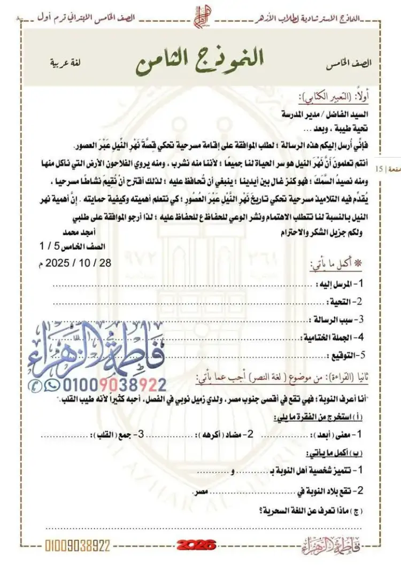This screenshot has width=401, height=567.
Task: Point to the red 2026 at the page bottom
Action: point(197,545)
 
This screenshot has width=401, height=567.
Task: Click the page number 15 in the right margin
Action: point(380,169)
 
